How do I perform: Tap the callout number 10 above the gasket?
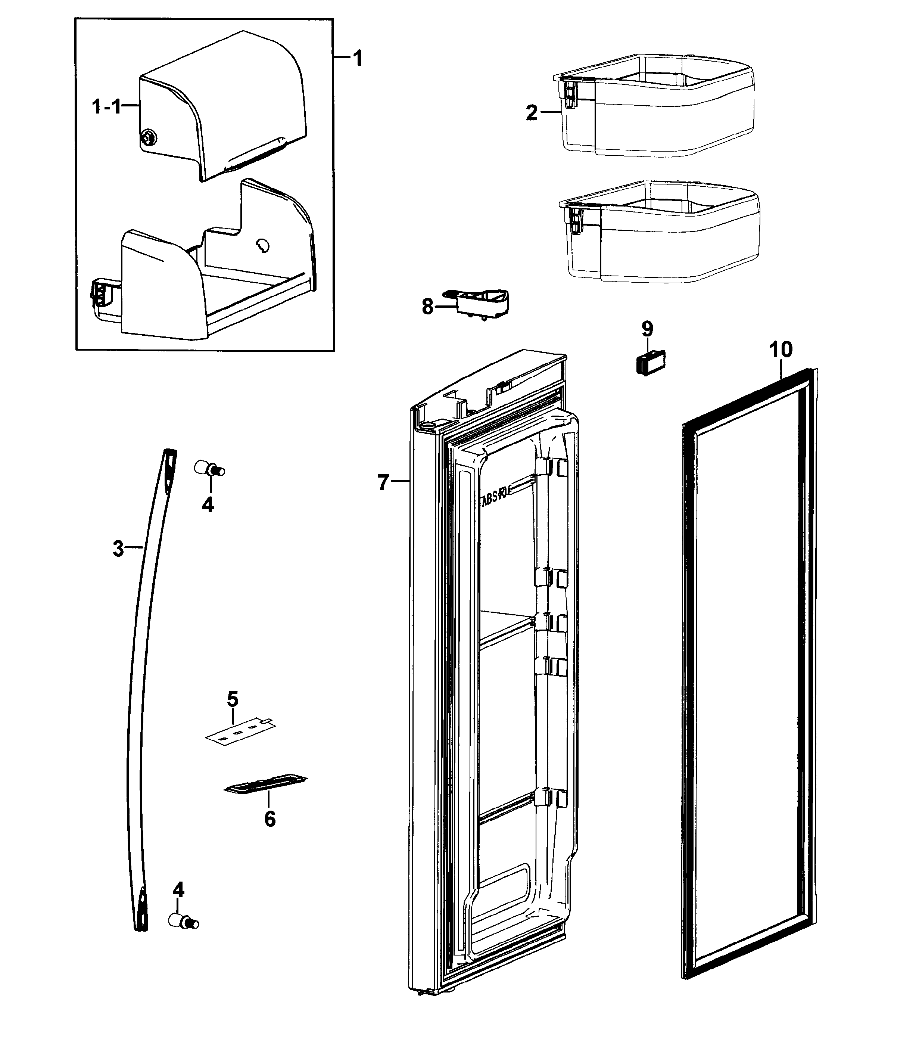781,350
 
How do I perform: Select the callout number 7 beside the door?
383,482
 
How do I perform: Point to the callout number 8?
427,307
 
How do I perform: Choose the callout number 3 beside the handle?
118,549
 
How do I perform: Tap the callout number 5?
233,699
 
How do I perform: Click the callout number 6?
269,819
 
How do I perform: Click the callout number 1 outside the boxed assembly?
358,58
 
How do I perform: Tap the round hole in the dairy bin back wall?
263,246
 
